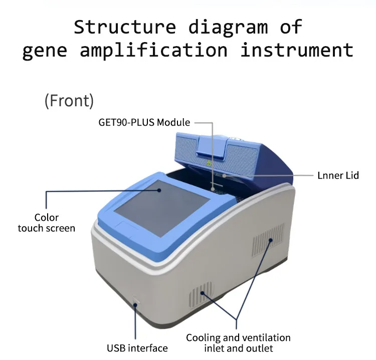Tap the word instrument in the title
(297, 51)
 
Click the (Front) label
(69, 101)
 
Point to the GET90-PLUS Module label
(144, 122)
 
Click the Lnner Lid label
(338, 175)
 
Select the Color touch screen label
(47, 223)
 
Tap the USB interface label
(137, 348)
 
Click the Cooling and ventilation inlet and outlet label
(238, 343)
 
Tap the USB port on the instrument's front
(135, 302)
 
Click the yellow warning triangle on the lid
(209, 164)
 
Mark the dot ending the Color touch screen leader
(160, 190)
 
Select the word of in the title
(291, 27)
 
